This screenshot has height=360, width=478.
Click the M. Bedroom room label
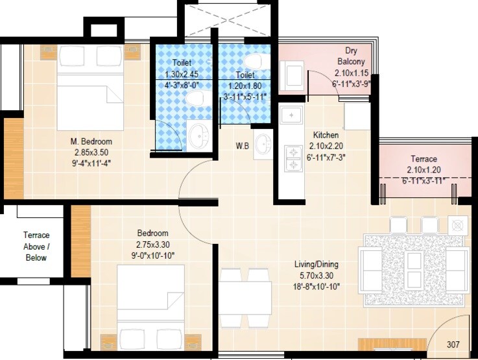[x=91, y=141]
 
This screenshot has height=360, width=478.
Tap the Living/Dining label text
[x=315, y=265]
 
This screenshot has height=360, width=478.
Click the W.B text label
[x=243, y=145]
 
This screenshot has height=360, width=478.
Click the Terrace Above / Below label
[x=36, y=246]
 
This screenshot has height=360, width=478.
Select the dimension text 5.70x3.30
[x=315, y=275]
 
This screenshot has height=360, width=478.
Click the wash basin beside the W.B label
[x=263, y=144]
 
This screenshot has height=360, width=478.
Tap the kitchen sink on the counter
[x=293, y=116]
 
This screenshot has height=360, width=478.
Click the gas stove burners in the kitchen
[x=294, y=159]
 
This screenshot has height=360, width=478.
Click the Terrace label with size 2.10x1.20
[x=424, y=159]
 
